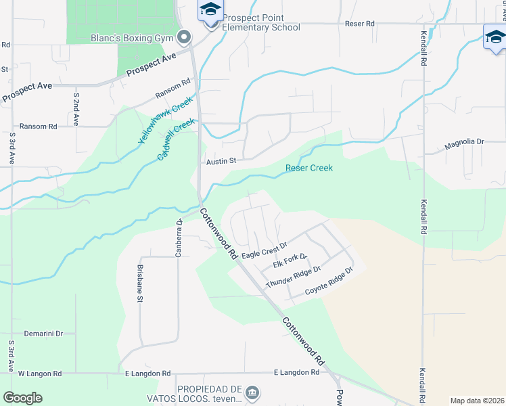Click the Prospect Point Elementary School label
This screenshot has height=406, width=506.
pos(260,22)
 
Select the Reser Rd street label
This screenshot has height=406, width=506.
pos(359,24)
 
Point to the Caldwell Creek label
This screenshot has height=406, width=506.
pos(176,139)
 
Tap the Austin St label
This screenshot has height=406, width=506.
pos(221,161)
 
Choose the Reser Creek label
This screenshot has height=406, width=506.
pos(308,168)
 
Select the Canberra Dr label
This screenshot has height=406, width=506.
pos(179,231)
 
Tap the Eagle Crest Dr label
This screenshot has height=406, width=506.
pos(264,250)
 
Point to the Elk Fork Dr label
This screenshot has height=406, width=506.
pos(290,261)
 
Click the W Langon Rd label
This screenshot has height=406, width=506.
pos(39,374)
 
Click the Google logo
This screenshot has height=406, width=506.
pos(23,398)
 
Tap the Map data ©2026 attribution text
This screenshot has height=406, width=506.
pos(476,401)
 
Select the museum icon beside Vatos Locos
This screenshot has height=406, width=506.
pos(252,392)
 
